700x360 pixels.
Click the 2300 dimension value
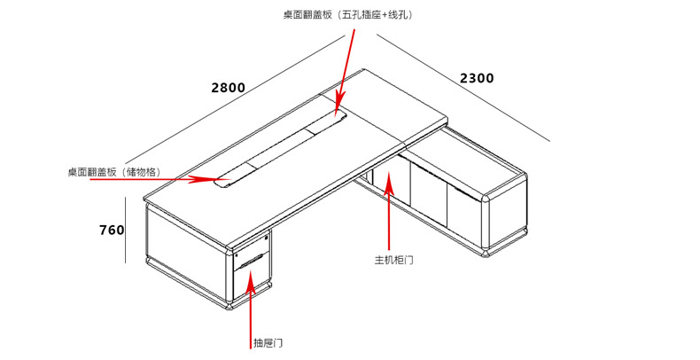tap(477, 78)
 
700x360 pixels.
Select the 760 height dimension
tap(112, 230)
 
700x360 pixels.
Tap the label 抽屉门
tap(268, 342)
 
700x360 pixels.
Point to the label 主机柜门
tap(394, 260)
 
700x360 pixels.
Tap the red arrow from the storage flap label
tap(191, 179)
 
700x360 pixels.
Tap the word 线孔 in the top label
tap(399, 15)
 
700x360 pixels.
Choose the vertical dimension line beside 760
tap(126, 230)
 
